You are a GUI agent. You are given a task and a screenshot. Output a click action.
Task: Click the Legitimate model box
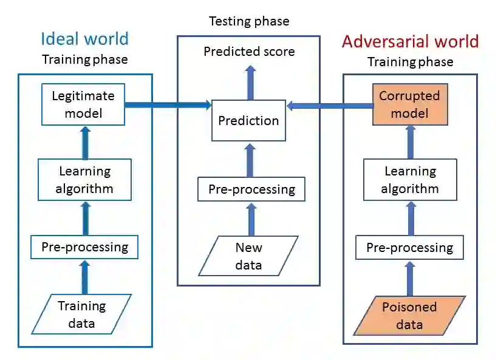click(x=83, y=104)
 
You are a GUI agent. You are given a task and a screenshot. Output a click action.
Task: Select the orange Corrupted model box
click(x=409, y=104)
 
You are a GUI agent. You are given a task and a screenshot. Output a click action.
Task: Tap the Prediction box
click(x=248, y=120)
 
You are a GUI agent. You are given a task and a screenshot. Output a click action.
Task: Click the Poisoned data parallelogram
click(x=409, y=315)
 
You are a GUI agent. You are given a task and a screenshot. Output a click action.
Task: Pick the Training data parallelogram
click(x=81, y=314)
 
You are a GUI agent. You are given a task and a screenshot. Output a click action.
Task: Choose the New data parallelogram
click(x=248, y=256)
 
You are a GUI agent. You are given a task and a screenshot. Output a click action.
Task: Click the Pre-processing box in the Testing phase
click(x=251, y=189)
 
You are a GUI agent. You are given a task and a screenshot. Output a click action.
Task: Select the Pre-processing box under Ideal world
click(x=84, y=247)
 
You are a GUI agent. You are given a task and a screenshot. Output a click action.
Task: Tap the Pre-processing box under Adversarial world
click(x=409, y=248)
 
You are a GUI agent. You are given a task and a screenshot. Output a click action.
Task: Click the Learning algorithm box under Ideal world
click(x=84, y=180)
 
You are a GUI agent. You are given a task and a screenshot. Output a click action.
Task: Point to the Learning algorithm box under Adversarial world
click(x=410, y=180)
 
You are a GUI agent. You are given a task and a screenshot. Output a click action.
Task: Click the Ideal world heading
click(x=84, y=39)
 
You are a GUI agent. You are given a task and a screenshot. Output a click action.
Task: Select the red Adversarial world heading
click(x=410, y=41)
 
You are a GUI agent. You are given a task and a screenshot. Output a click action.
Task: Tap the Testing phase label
click(x=249, y=21)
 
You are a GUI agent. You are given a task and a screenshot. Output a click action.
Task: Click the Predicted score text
click(x=249, y=52)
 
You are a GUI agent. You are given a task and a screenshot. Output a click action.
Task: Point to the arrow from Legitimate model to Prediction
click(x=168, y=105)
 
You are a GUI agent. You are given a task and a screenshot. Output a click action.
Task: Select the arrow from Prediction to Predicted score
click(x=248, y=83)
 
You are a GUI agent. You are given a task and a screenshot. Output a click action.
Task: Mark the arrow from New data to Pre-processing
click(x=249, y=218)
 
